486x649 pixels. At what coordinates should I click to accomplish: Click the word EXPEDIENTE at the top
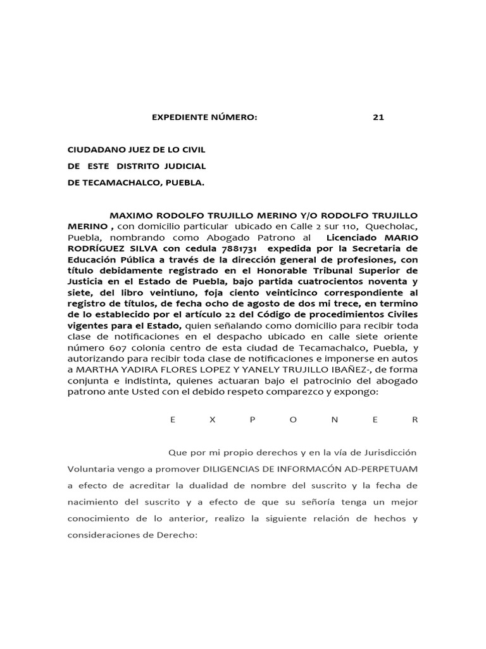click(180, 117)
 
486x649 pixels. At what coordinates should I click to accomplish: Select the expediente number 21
click(378, 117)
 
